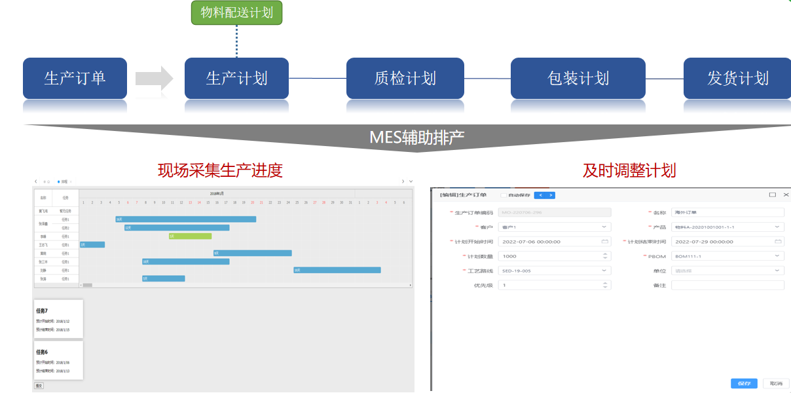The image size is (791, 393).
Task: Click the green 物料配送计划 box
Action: click(x=236, y=12)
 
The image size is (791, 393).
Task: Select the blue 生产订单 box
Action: click(x=75, y=78)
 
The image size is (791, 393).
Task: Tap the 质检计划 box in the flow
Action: click(x=405, y=78)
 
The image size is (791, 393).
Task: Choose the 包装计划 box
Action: click(x=578, y=78)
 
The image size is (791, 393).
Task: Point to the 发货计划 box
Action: click(x=737, y=78)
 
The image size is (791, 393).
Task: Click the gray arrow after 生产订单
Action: click(x=154, y=79)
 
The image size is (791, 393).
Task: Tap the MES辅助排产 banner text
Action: click(x=416, y=138)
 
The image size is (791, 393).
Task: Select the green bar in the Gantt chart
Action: click(x=190, y=236)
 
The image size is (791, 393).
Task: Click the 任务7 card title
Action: click(x=42, y=310)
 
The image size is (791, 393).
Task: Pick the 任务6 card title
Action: click(x=42, y=352)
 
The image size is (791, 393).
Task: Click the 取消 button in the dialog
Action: click(x=775, y=383)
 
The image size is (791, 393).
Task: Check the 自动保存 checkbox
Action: click(x=503, y=195)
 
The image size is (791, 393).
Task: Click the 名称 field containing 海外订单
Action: click(x=727, y=212)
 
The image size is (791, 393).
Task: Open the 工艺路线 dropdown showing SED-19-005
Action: click(x=554, y=271)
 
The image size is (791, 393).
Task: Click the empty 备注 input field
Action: click(x=727, y=285)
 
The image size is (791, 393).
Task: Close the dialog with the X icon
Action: click(x=786, y=195)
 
